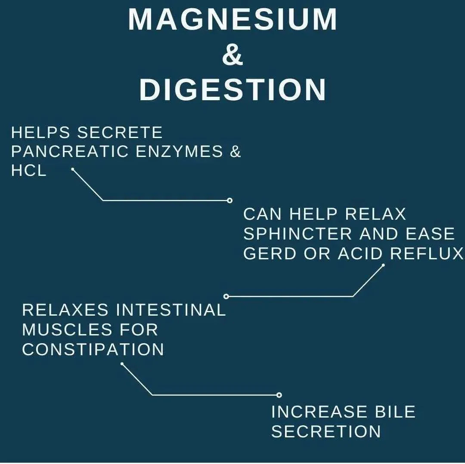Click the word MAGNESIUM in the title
tap(232, 19)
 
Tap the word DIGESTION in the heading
tap(233, 90)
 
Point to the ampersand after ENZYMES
tap(235, 151)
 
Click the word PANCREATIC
tap(70, 151)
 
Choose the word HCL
tap(29, 171)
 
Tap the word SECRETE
tap(120, 132)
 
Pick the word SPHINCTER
tap(298, 234)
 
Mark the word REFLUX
tap(426, 253)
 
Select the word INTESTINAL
tap(171, 310)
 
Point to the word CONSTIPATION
tap(93, 350)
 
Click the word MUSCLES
tap(67, 329)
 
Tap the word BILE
tap(395, 412)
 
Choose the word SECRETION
tap(326, 431)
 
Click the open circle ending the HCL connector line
tap(229, 200)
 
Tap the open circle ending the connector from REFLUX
tap(226, 296)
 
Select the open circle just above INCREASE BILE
tap(279, 395)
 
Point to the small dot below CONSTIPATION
tap(122, 364)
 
